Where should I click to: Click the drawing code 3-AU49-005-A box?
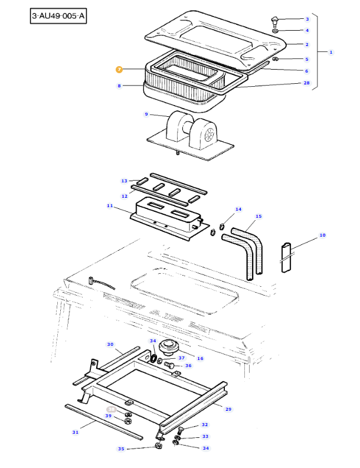pos(58,16)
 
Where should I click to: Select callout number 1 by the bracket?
pos(330,52)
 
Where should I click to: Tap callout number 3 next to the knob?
pos(307,19)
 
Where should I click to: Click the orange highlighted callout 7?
pos(119,70)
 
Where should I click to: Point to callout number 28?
pos(306,83)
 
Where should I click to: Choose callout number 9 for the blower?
pos(146,114)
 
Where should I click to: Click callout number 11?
pos(110,205)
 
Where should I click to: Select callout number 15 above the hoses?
pos(258,217)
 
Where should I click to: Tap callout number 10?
pos(322,235)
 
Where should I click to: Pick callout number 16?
pos(199,358)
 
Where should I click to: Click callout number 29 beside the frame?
pos(228,408)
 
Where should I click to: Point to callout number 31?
pos(75,433)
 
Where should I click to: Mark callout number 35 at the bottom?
pos(121,449)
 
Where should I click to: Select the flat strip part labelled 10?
pos(286,257)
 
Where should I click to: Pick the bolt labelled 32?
pos(182,428)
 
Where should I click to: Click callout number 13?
pos(124,181)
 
